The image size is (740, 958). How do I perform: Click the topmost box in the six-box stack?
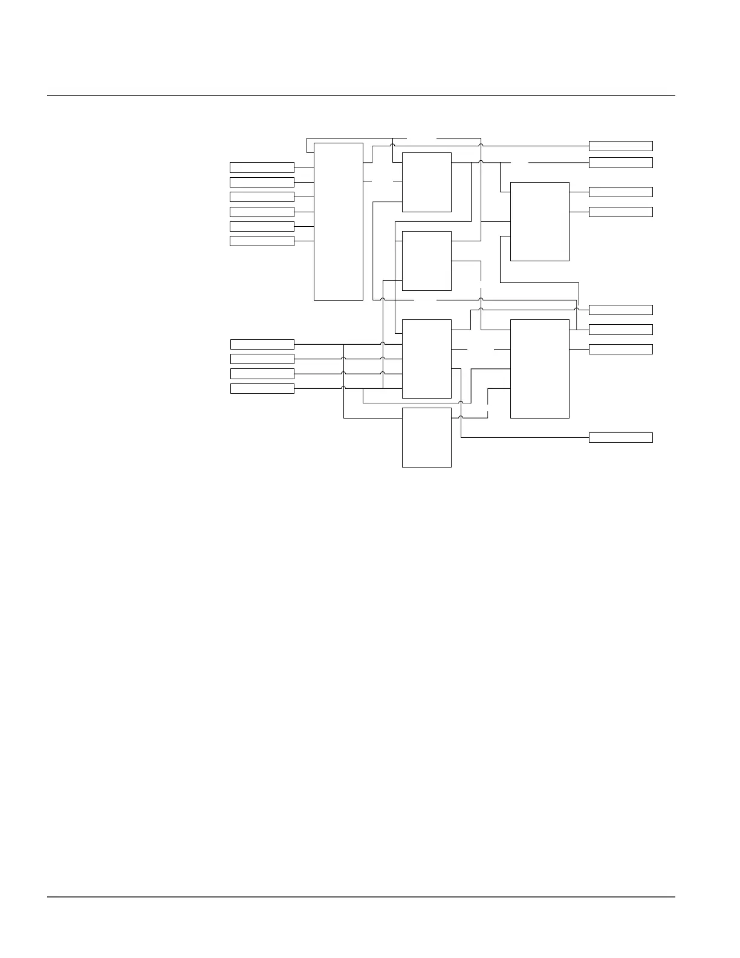(x=262, y=168)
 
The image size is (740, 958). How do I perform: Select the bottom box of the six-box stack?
(x=262, y=241)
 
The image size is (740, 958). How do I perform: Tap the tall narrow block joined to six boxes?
(x=338, y=221)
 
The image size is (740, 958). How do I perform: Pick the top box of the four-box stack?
(x=262, y=344)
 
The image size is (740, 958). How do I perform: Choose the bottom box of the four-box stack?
(x=262, y=388)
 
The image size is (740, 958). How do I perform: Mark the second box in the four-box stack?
(x=262, y=359)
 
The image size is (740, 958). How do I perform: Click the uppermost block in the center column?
(x=426, y=182)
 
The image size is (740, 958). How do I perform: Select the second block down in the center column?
(x=426, y=261)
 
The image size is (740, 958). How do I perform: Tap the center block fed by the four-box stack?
(x=426, y=359)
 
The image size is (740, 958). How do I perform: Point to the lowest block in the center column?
(x=426, y=437)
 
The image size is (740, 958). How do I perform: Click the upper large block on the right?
(x=539, y=221)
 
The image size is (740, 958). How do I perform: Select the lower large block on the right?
(x=539, y=368)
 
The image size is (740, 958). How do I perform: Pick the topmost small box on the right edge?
(x=620, y=146)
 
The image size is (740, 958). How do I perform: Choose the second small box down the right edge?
(x=620, y=163)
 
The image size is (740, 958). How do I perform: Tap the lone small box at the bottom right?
(x=620, y=437)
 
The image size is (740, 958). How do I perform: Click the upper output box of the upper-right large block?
(x=620, y=192)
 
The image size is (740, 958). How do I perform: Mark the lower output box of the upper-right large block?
(x=620, y=212)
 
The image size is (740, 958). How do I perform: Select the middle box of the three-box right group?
(x=620, y=330)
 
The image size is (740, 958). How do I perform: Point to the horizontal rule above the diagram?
(x=361, y=96)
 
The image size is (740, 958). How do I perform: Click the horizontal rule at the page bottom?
(x=361, y=897)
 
